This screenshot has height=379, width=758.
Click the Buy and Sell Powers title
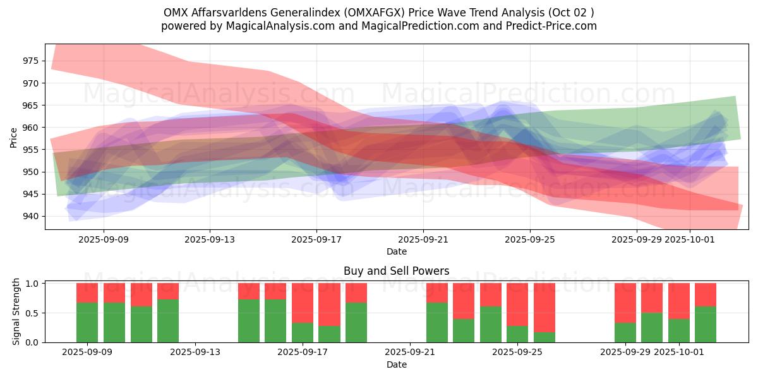point(396,271)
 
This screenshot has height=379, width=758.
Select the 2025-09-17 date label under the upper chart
point(316,239)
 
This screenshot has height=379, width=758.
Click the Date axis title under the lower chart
point(396,364)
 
